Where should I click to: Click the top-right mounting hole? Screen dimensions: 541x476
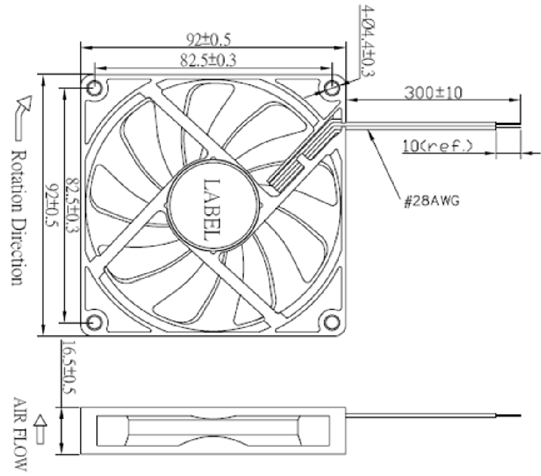coord(332,88)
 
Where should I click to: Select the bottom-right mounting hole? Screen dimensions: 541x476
coord(332,323)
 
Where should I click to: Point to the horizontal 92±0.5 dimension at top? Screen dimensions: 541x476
coord(209,39)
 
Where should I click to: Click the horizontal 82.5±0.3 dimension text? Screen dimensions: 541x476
coord(209,61)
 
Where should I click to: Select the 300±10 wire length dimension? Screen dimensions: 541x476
coord(433,93)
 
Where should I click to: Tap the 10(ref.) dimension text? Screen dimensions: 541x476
coord(437,146)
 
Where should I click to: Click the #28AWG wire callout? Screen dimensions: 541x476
coord(432,201)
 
